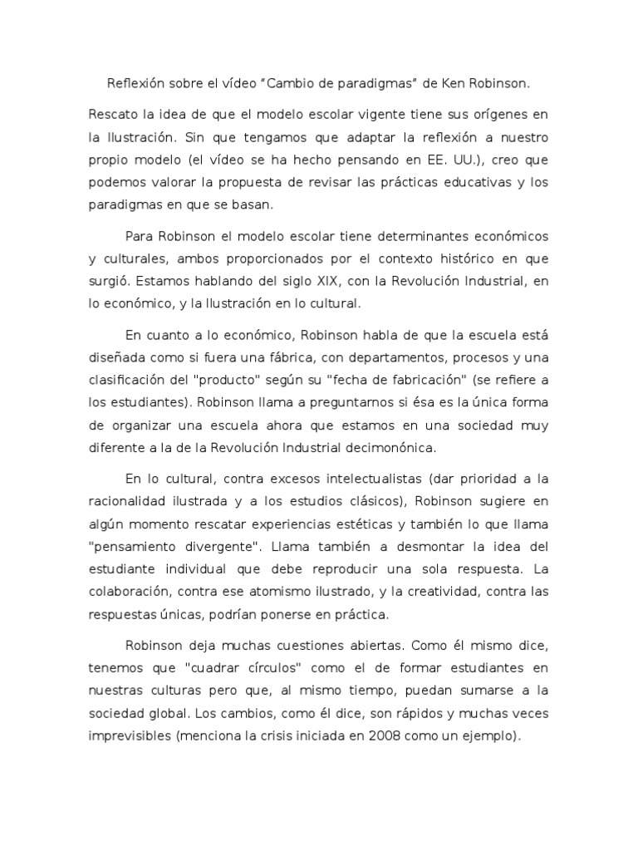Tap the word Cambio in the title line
pos(297,84)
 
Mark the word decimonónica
pos(392,448)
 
